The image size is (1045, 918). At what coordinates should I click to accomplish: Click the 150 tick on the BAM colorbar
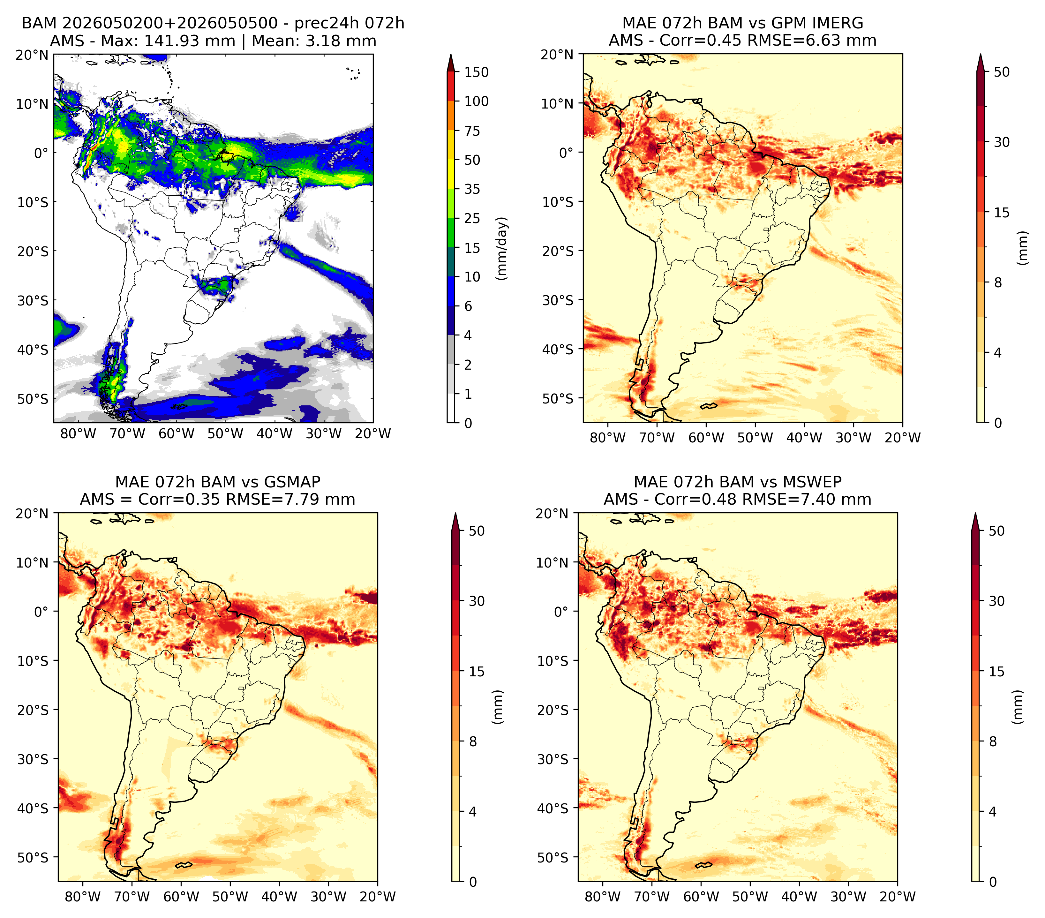pos(477,72)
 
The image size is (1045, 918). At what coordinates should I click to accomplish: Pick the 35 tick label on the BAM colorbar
pos(472,189)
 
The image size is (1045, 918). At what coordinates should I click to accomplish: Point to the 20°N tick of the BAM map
pos(32,55)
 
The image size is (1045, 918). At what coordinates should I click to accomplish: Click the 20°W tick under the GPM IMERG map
pos(902,438)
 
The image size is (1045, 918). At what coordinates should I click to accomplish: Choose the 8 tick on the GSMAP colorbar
pos(473,741)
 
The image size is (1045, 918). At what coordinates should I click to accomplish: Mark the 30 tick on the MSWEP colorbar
pos(997,601)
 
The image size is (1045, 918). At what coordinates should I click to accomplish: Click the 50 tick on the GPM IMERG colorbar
pos(1002,72)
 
